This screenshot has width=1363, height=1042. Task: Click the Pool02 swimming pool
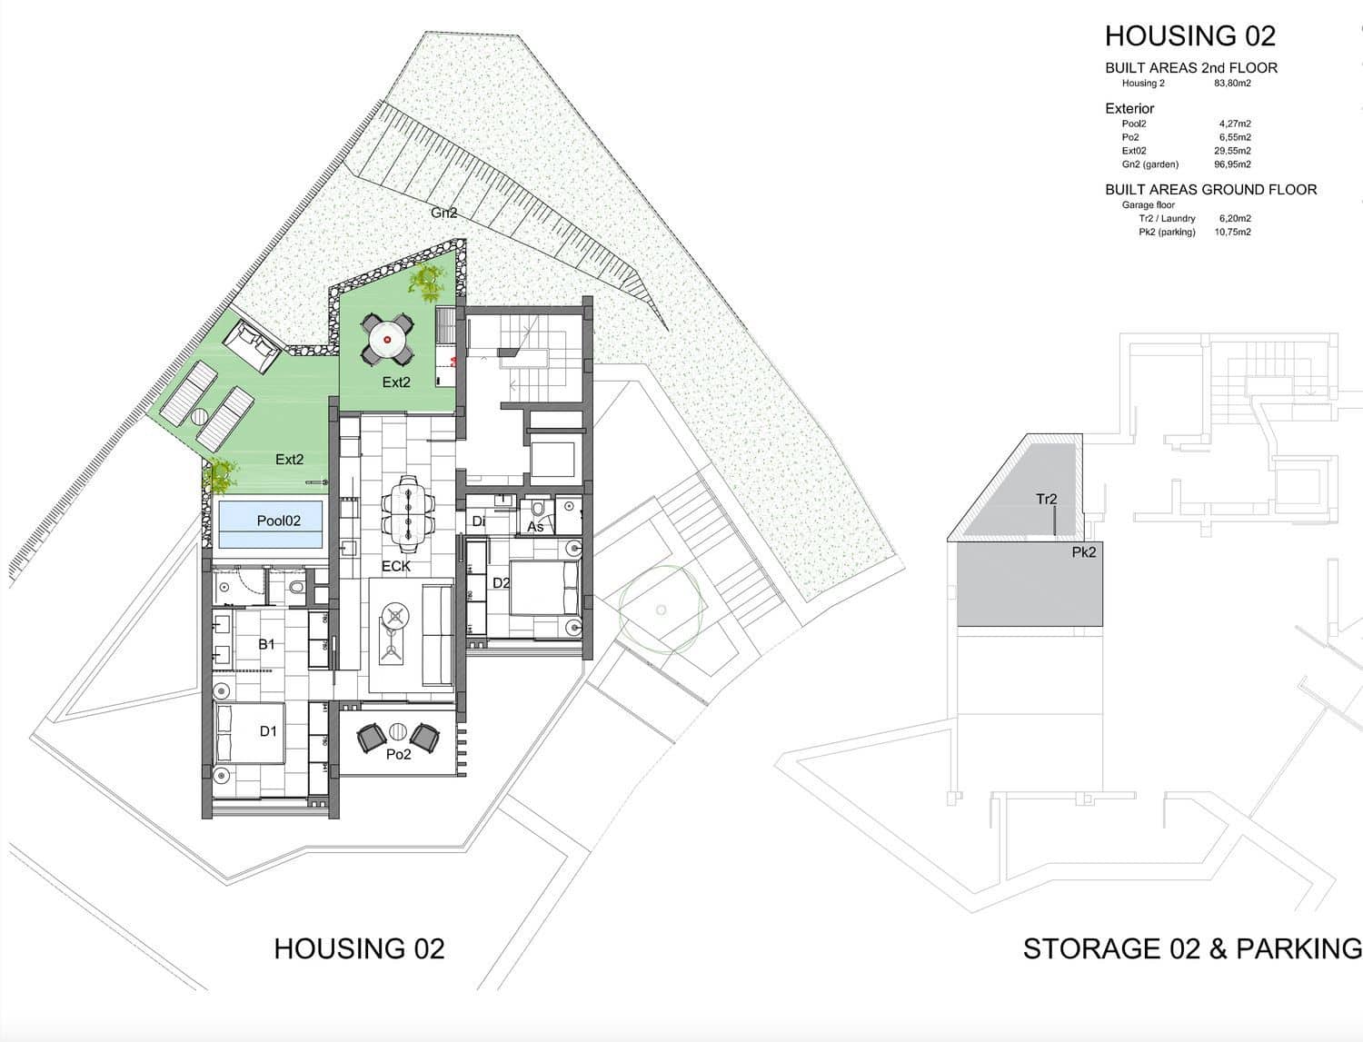tap(271, 524)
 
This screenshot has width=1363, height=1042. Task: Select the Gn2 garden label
tap(443, 213)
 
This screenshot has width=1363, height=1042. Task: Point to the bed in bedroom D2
tap(542, 589)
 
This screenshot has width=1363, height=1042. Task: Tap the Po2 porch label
tap(398, 754)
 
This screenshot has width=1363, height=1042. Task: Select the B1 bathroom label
tap(266, 644)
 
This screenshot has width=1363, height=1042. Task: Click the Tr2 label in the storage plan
tap(1046, 499)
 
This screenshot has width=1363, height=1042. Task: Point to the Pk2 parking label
tap(1084, 551)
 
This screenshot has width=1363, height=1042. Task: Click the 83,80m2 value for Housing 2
tap(1232, 84)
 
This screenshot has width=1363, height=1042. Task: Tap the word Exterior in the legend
tap(1129, 108)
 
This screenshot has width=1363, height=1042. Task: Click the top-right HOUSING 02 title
tap(1189, 36)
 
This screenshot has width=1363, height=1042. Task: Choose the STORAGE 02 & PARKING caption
tap(1192, 948)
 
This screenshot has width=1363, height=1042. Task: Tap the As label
tap(535, 527)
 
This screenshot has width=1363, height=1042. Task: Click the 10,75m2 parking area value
tap(1232, 233)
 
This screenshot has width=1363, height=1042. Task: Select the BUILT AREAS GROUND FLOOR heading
tap(1210, 190)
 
